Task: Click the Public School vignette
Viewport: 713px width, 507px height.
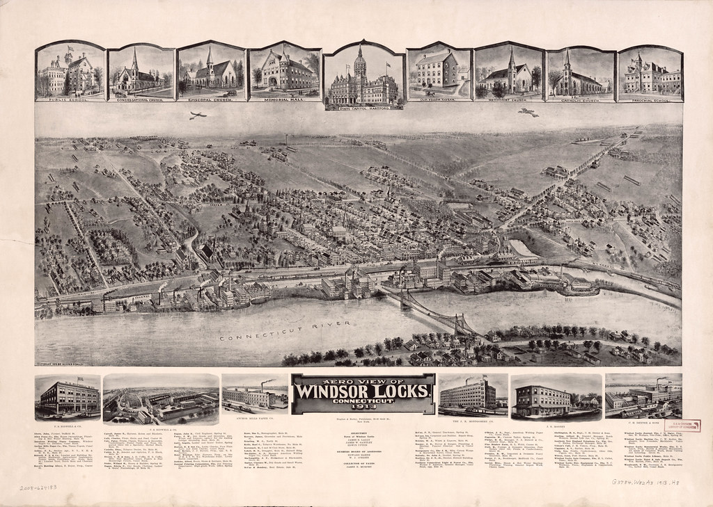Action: pyautogui.click(x=70, y=72)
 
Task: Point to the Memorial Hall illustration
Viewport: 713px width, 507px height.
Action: pyautogui.click(x=285, y=72)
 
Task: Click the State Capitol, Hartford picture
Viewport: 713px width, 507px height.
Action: pyautogui.click(x=363, y=77)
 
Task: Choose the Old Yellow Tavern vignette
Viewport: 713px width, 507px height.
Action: pyautogui.click(x=439, y=72)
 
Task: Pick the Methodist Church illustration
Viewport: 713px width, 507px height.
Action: pyautogui.click(x=508, y=72)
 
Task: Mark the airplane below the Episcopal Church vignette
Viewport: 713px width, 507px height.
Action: pyautogui.click(x=197, y=116)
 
